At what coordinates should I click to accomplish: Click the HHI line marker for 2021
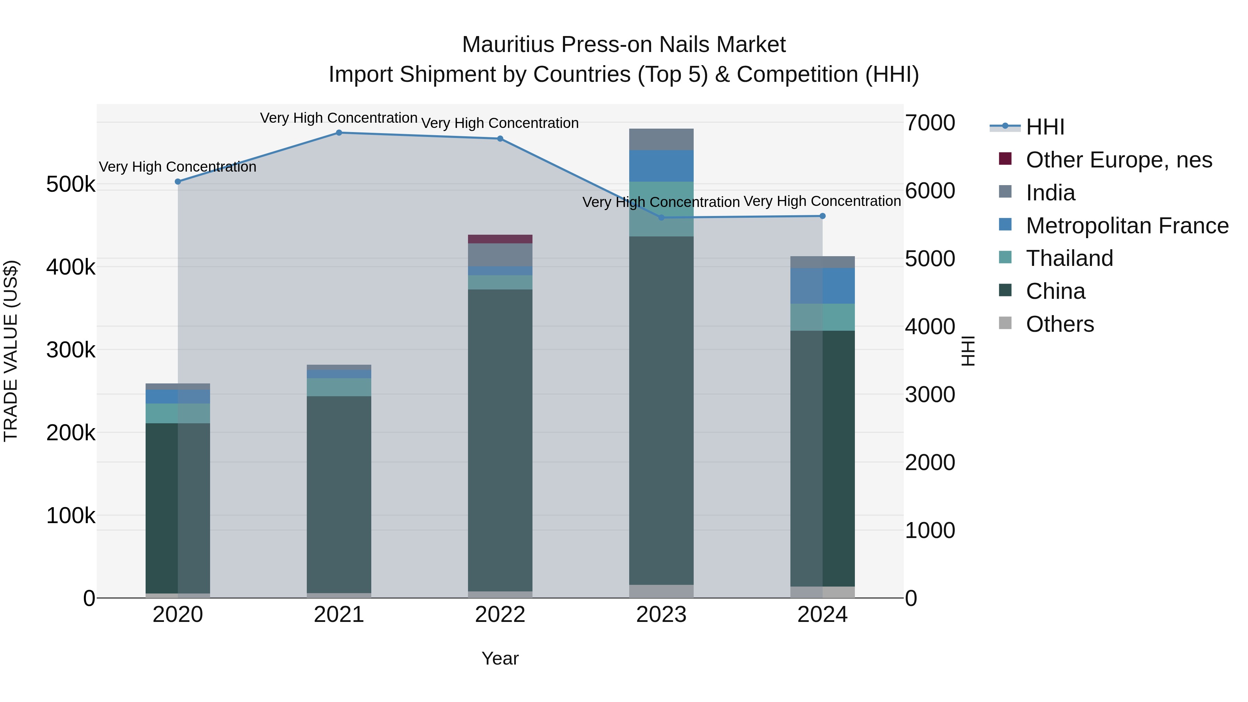(339, 133)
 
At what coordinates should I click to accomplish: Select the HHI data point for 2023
(661, 217)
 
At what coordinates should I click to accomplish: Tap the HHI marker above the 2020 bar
(178, 182)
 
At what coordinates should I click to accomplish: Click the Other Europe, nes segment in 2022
(500, 239)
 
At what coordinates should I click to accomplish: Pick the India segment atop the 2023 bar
(661, 139)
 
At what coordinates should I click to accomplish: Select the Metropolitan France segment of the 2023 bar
(661, 166)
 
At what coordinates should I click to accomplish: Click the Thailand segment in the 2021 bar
(339, 387)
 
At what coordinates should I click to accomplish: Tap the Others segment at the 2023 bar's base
(661, 591)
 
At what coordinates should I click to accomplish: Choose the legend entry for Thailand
(1069, 258)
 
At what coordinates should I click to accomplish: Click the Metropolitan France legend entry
(1127, 226)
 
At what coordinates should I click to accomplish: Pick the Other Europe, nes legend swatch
(1005, 159)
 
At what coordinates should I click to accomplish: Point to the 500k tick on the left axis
(71, 184)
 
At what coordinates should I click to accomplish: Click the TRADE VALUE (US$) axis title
(11, 351)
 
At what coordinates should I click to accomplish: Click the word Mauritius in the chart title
(508, 45)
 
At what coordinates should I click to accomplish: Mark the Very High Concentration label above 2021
(339, 118)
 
